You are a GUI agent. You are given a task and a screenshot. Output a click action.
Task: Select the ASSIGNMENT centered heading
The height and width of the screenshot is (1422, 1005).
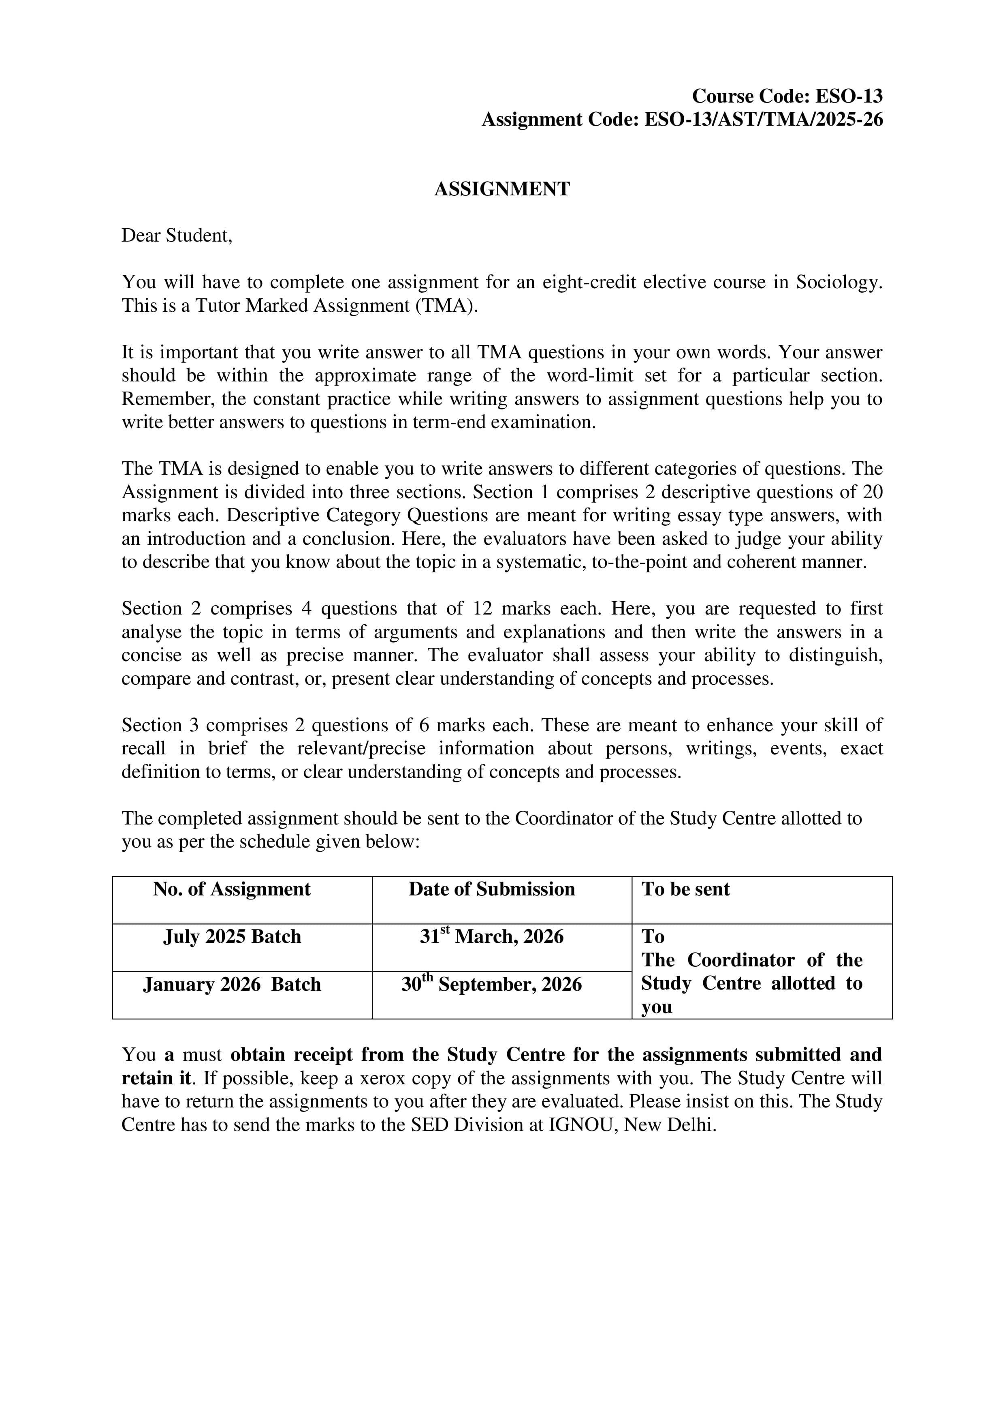pos(502,189)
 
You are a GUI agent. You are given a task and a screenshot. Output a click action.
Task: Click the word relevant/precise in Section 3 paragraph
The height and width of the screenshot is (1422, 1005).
pos(361,749)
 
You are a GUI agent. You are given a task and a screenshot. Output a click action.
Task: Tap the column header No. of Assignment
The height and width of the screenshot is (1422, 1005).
pos(232,889)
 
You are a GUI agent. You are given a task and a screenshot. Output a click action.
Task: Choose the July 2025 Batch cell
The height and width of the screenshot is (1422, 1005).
pos(232,936)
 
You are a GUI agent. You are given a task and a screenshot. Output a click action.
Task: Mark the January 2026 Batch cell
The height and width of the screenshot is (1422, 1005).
pos(232,985)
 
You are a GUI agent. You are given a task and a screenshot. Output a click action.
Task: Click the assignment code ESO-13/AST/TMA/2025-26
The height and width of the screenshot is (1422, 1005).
pos(764,120)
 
